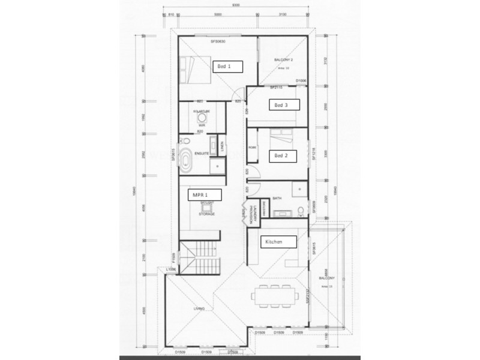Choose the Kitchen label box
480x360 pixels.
277,241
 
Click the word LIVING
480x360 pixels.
199,308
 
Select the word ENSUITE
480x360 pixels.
202,154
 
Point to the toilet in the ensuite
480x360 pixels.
185,142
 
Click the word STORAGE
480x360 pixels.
206,214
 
